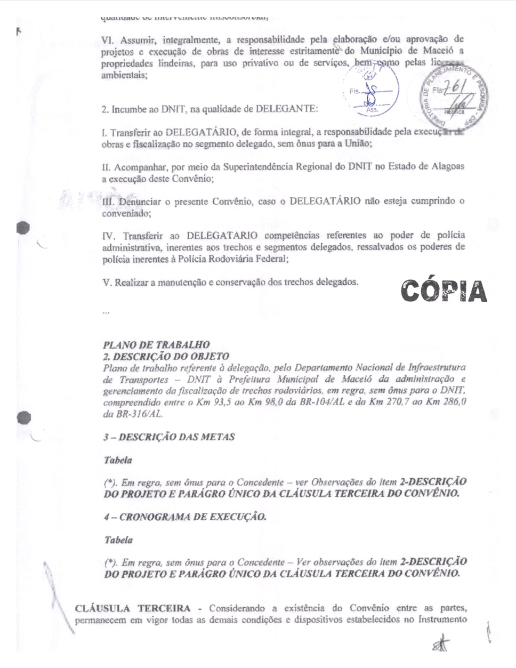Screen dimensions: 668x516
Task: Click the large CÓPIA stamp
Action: (x=444, y=291)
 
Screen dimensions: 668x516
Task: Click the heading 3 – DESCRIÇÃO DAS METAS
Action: (x=168, y=437)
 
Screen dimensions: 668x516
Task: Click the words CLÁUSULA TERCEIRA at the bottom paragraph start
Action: (x=133, y=608)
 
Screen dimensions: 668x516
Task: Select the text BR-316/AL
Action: (x=133, y=414)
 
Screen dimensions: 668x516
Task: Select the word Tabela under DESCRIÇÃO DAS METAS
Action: (x=117, y=460)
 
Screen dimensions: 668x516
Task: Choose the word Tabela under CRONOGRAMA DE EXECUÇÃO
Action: (x=118, y=540)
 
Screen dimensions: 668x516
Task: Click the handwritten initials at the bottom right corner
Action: (x=441, y=645)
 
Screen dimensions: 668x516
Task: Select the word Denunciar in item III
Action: (x=135, y=202)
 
